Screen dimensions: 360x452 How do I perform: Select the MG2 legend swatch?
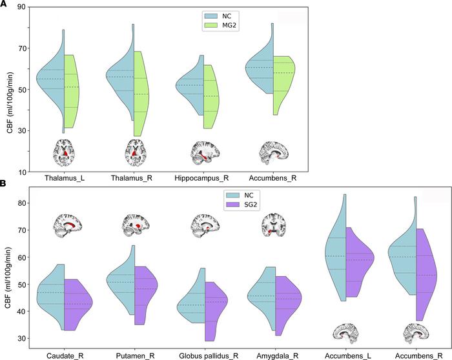pos(212,25)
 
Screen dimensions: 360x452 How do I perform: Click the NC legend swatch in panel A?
pos(212,14)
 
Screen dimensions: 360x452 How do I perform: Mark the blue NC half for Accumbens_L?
pos(336,252)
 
